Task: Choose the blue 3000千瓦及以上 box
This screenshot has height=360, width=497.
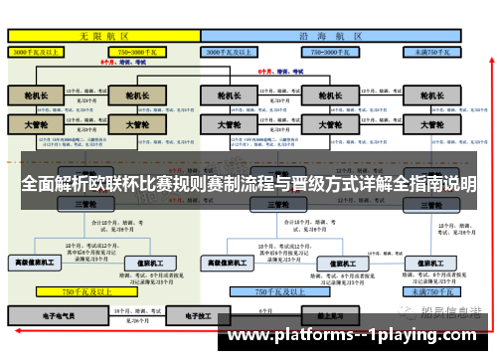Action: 239,50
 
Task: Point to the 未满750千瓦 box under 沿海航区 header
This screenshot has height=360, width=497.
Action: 431,50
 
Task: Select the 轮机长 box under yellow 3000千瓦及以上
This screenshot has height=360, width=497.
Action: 36,96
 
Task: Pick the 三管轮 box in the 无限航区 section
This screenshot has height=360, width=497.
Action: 85,204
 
